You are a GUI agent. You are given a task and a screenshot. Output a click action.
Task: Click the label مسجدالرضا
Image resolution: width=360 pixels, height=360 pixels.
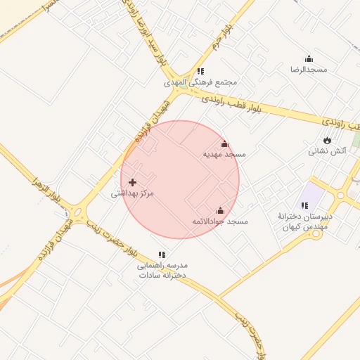pyautogui.click(x=309, y=70)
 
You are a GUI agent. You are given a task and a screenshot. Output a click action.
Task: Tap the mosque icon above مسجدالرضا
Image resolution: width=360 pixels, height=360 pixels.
pyautogui.click(x=309, y=58)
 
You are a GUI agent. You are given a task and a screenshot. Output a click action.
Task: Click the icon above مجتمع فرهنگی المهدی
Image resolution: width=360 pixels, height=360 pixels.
pyautogui.click(x=201, y=71)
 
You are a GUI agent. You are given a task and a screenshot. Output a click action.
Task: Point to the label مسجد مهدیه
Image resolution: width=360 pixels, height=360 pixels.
pyautogui.click(x=225, y=153)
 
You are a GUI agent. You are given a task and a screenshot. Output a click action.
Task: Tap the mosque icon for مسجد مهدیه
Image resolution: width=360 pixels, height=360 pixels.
pyautogui.click(x=225, y=143)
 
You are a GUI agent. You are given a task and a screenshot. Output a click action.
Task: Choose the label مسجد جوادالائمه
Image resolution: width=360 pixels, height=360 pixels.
pyautogui.click(x=220, y=221)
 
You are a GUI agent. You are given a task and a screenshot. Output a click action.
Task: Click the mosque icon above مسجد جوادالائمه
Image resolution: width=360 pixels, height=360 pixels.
pyautogui.click(x=220, y=210)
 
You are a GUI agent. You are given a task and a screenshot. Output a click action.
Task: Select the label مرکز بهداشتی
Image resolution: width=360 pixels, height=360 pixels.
pyautogui.click(x=132, y=193)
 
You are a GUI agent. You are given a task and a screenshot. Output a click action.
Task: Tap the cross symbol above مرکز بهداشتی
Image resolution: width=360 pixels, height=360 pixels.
pyautogui.click(x=132, y=182)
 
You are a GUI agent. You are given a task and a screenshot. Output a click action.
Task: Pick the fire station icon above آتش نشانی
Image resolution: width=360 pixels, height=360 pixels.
pyautogui.click(x=327, y=139)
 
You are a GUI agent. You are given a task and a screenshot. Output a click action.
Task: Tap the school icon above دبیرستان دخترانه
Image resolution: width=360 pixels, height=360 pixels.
pyautogui.click(x=304, y=205)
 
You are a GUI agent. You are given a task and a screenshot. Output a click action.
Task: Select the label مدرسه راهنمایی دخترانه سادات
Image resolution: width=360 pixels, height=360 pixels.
pyautogui.click(x=162, y=271)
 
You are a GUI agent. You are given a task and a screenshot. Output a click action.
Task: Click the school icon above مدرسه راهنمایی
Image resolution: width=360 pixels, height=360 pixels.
pyautogui.click(x=162, y=255)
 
